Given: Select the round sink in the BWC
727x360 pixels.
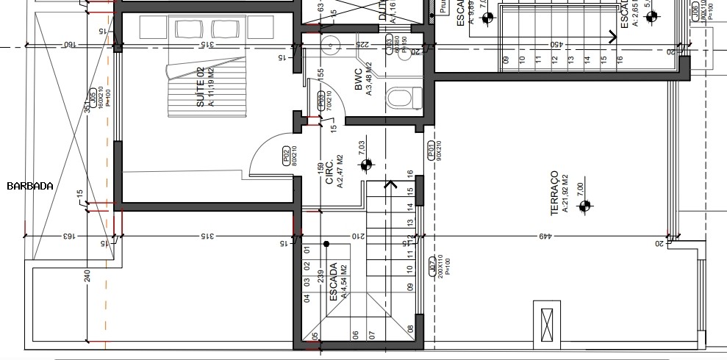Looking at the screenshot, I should [x=332, y=46].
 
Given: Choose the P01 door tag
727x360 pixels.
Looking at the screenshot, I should [x=431, y=150].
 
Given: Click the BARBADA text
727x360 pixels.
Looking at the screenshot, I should [x=29, y=186].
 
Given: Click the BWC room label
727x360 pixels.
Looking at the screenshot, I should [x=359, y=82].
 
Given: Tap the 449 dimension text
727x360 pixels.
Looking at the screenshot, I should [x=545, y=237].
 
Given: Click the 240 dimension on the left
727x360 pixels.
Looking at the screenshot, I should [x=87, y=276].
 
